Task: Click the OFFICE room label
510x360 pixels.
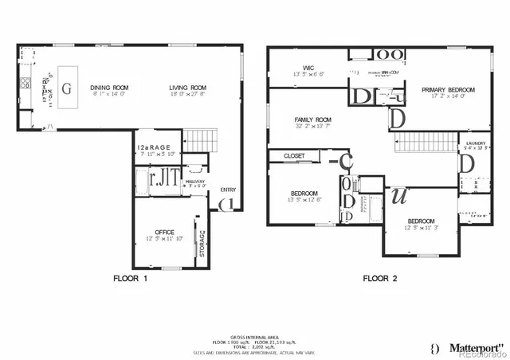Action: click(164, 232)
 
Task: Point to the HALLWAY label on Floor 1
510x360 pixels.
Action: click(195, 182)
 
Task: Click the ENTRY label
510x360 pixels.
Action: click(229, 189)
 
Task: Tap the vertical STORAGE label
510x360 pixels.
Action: click(204, 243)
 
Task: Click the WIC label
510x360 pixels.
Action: click(309, 68)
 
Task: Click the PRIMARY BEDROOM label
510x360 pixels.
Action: click(448, 90)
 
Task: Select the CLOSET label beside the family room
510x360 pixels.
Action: click(294, 156)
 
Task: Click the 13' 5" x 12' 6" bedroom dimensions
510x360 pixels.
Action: click(304, 200)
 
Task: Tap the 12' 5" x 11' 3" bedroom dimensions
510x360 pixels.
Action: click(422, 227)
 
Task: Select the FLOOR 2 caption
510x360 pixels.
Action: click(380, 279)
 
